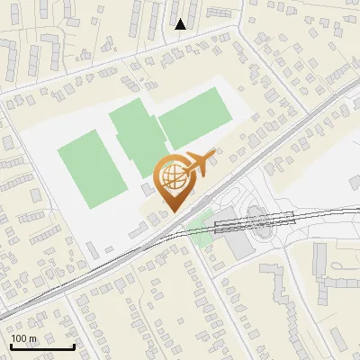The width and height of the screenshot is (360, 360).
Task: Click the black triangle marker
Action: tap(181, 24)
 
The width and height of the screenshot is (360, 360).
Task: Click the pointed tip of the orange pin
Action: tap(173, 211)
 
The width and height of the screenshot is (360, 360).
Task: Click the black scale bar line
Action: tap(41, 346)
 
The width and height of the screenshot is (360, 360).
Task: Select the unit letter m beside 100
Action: tap(33, 338)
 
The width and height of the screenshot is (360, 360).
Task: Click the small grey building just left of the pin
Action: tap(147, 189)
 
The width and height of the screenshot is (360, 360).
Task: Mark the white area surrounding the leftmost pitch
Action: tap(54, 207)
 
